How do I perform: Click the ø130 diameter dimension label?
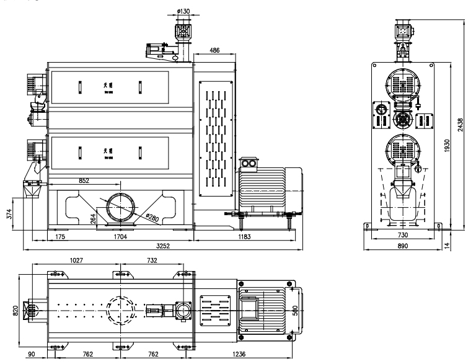pos(183,11)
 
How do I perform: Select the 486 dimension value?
pos(214,50)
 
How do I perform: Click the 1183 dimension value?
pos(246,237)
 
